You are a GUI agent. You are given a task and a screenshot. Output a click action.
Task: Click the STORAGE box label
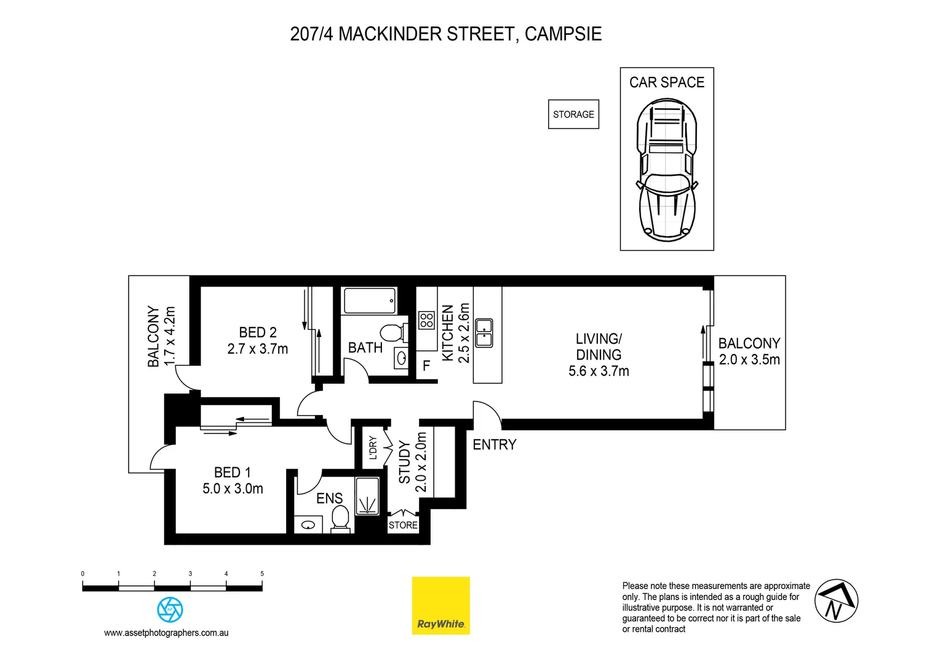(573, 114)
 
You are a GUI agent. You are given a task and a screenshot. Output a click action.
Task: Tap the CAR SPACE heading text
(666, 82)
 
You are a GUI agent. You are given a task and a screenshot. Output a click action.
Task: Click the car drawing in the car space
(667, 169)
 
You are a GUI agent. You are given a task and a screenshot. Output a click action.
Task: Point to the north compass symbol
(836, 601)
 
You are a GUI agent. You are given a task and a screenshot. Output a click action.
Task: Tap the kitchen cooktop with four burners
(426, 320)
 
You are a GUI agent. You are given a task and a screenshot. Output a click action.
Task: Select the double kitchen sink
(484, 333)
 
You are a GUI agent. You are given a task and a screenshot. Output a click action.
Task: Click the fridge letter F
(426, 367)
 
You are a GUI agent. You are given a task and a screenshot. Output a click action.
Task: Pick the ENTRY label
(494, 445)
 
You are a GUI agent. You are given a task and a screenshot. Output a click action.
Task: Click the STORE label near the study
(403, 525)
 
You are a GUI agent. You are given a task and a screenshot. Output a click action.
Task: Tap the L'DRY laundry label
(373, 448)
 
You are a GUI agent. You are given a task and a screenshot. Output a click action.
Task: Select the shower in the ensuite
(368, 495)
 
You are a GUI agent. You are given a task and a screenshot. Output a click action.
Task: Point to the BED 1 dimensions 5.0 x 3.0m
(233, 489)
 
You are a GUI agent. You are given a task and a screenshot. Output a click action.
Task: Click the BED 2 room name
(258, 333)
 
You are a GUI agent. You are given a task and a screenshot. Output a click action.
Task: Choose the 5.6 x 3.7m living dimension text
(599, 371)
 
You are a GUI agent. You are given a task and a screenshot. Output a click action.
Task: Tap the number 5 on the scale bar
(262, 574)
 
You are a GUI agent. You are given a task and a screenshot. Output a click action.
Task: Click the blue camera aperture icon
(170, 609)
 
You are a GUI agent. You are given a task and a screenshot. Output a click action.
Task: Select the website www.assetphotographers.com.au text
(166, 633)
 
